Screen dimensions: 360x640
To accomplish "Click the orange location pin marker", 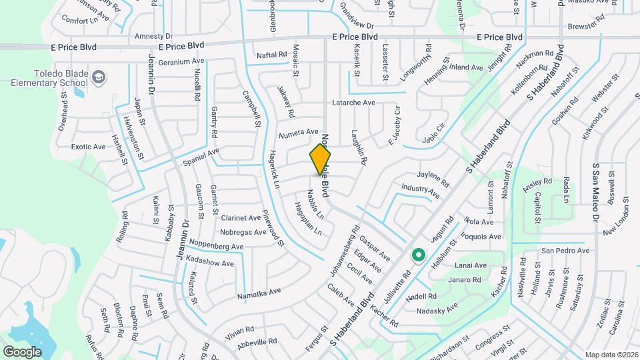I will [x=321, y=159].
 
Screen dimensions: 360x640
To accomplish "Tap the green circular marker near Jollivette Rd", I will [x=419, y=255].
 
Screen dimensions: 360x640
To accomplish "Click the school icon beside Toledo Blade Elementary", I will [x=99, y=78].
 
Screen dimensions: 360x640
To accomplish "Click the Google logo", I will [x=22, y=351].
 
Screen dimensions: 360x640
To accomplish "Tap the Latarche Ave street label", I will [x=354, y=103].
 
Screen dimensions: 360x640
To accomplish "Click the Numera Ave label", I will [x=298, y=133].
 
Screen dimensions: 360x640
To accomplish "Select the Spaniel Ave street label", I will [x=201, y=157].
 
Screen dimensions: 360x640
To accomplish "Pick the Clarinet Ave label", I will [x=241, y=218].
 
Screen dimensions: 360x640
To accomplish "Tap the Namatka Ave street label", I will [x=259, y=293].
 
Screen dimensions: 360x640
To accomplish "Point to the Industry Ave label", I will [x=421, y=191].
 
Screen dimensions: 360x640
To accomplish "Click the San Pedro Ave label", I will [x=565, y=251].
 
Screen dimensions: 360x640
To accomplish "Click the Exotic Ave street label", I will [x=89, y=147].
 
